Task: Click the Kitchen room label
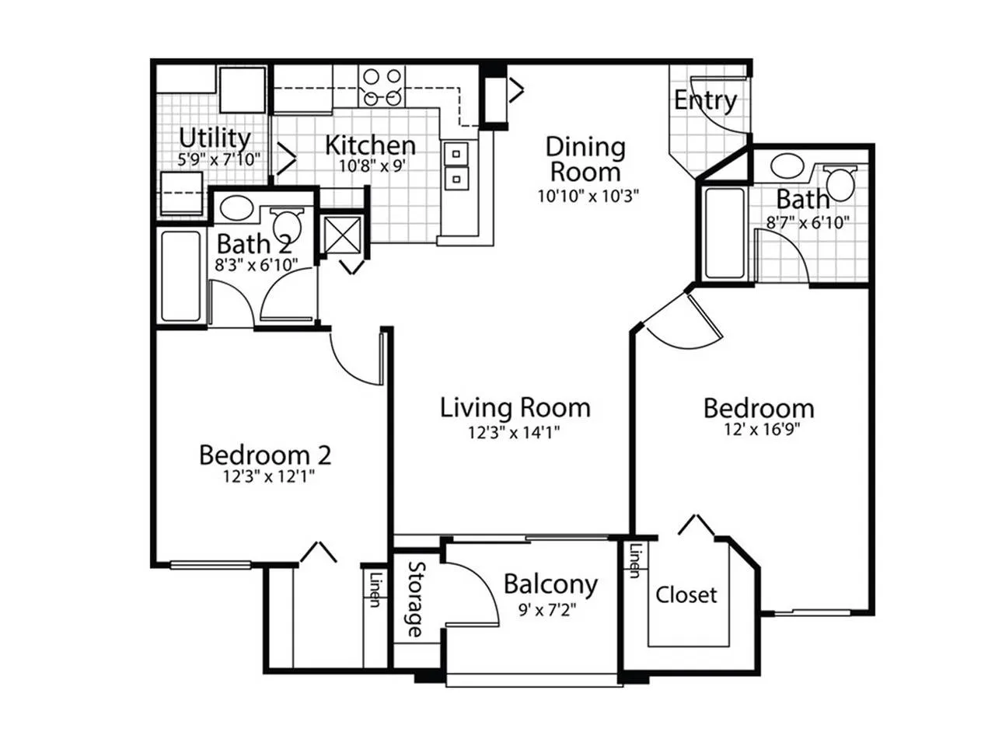(370, 145)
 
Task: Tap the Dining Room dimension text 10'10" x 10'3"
(588, 196)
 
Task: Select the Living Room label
(515, 407)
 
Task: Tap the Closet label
(686, 595)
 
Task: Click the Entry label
(705, 100)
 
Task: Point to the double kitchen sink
(456, 166)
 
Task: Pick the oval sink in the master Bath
(787, 166)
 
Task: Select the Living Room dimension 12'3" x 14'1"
(515, 432)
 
